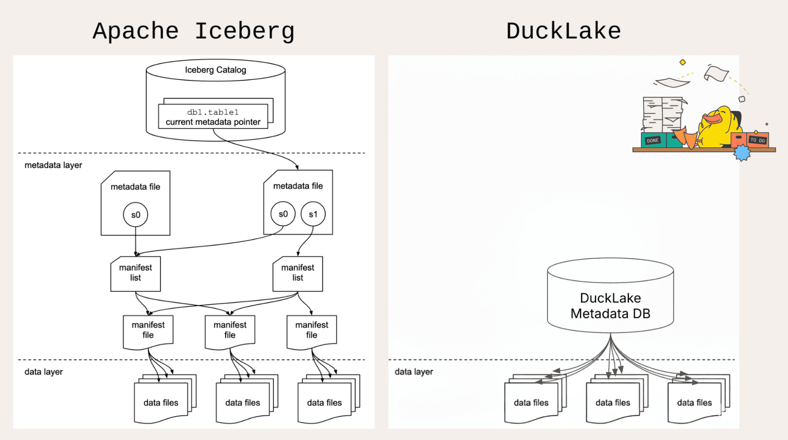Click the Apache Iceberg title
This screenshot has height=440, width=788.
[x=194, y=32]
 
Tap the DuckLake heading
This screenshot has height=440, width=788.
[x=563, y=32]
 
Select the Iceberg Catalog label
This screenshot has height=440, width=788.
[x=215, y=70]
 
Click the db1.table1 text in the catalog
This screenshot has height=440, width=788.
[x=212, y=112]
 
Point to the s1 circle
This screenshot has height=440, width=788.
[x=313, y=214]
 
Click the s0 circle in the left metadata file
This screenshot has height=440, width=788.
[x=135, y=215]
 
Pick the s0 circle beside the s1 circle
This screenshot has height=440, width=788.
[x=283, y=214]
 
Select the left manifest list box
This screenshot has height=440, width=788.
[x=135, y=273]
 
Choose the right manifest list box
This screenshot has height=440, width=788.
[x=298, y=273]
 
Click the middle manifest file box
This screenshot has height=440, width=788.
[x=230, y=330]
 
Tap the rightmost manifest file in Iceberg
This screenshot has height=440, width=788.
[x=311, y=330]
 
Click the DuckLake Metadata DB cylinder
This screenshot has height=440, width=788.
[x=610, y=299]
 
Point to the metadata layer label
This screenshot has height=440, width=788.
[x=53, y=165]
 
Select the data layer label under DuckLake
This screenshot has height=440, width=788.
[x=414, y=372]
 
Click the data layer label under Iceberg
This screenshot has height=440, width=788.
[x=43, y=372]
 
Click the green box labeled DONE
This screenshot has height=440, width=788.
[x=653, y=140]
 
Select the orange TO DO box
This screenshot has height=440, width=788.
[x=757, y=140]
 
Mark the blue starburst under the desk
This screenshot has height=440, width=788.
[x=742, y=153]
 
